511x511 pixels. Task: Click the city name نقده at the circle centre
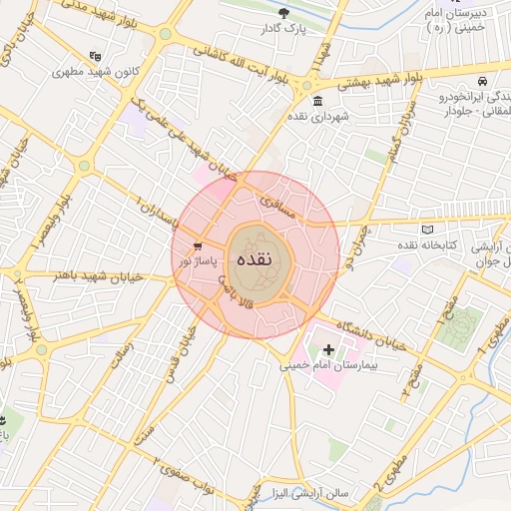pyautogui.click(x=256, y=257)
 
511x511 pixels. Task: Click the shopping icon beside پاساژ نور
pyautogui.click(x=199, y=246)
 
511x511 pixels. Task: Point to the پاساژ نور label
pyautogui.click(x=198, y=259)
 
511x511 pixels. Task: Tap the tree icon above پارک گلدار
pyautogui.click(x=284, y=14)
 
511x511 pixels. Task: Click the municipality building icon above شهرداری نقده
pyautogui.click(x=317, y=102)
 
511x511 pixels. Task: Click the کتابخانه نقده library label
pyautogui.click(x=430, y=245)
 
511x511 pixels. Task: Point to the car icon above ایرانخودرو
pyautogui.click(x=482, y=81)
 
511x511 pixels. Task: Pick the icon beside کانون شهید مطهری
pyautogui.click(x=96, y=57)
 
